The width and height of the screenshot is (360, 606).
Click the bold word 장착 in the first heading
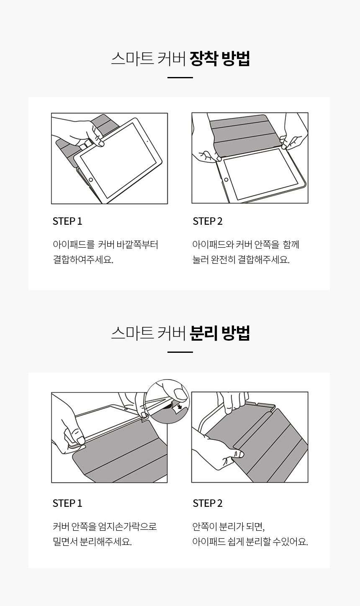[x=203, y=59]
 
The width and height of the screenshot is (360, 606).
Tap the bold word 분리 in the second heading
[x=203, y=333]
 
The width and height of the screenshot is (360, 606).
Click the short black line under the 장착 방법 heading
[x=180, y=78]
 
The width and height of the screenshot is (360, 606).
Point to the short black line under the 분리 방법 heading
[x=180, y=352]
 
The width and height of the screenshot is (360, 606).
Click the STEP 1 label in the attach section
[x=67, y=221]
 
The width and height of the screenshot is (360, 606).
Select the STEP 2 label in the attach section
[x=208, y=221]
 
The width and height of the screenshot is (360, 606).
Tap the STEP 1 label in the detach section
[x=67, y=503]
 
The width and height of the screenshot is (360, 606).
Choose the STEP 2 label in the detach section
[x=208, y=503]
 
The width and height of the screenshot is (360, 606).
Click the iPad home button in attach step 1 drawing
[x=91, y=180]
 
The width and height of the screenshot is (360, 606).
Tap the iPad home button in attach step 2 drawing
[x=226, y=180]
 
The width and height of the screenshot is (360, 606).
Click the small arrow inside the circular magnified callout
[x=179, y=407]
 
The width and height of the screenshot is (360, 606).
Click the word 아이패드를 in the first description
[x=74, y=244]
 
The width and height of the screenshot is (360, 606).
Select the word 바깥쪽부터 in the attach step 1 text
[x=137, y=244]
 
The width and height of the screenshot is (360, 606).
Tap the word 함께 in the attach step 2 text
[x=291, y=244]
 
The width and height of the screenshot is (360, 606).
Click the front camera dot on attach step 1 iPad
[x=147, y=141]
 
